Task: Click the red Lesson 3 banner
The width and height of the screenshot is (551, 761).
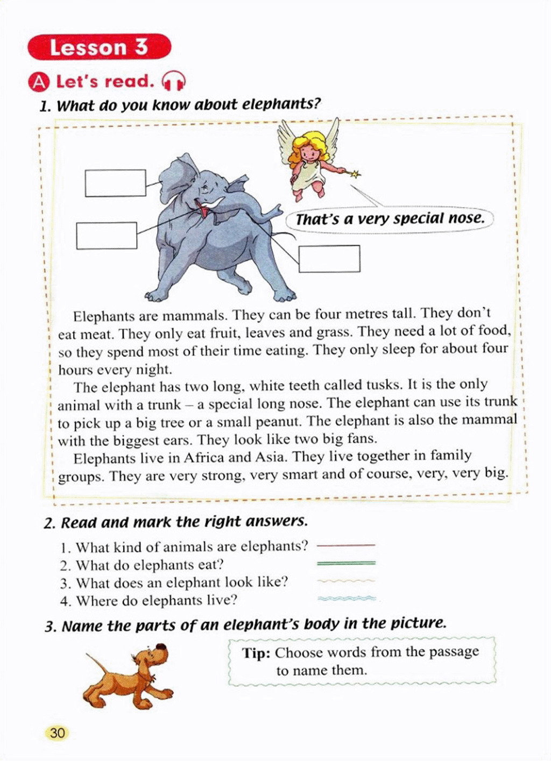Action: pos(99,47)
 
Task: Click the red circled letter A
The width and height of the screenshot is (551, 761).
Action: pos(39,82)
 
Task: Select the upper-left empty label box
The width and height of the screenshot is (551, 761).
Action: pos(115,183)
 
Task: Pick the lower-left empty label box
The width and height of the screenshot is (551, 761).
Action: pos(107,236)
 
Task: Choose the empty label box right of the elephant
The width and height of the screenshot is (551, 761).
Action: pos(329,259)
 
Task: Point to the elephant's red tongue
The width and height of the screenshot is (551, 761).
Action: pos(203,210)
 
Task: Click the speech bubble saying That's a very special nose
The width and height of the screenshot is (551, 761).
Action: pos(390,219)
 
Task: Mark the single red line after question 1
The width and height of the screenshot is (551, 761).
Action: pos(346,545)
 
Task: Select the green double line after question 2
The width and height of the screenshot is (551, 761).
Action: pos(346,563)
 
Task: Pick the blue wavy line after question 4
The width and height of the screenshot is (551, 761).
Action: pos(346,598)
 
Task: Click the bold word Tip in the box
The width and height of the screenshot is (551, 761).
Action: pos(256,653)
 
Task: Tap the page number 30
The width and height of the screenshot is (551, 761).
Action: pos(57,733)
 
